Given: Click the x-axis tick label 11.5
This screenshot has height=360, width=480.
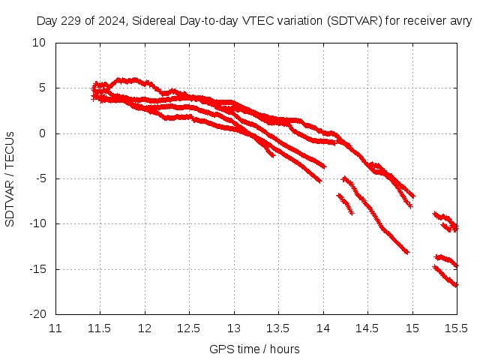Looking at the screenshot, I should point(100,328).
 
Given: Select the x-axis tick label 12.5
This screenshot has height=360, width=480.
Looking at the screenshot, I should point(189,328).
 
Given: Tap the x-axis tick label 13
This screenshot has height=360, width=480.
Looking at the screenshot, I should point(234,328).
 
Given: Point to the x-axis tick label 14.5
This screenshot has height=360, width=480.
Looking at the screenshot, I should point(367,328).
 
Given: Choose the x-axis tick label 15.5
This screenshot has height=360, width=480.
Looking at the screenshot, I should point(457,328).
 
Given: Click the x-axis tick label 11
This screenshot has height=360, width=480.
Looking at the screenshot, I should point(55,328).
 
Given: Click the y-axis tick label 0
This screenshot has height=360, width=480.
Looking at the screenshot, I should point(44,133).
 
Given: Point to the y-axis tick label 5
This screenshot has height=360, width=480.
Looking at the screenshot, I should point(44,88).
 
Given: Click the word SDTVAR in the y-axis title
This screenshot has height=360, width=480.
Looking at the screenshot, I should point(10,202).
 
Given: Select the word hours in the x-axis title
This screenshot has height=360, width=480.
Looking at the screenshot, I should point(284,349).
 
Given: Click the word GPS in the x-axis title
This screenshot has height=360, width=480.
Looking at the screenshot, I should point(220,349).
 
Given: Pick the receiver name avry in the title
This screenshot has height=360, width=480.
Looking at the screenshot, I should point(459,21).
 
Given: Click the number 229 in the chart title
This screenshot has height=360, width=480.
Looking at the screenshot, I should point(71,21).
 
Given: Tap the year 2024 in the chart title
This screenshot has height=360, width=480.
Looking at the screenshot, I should point(112,21).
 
